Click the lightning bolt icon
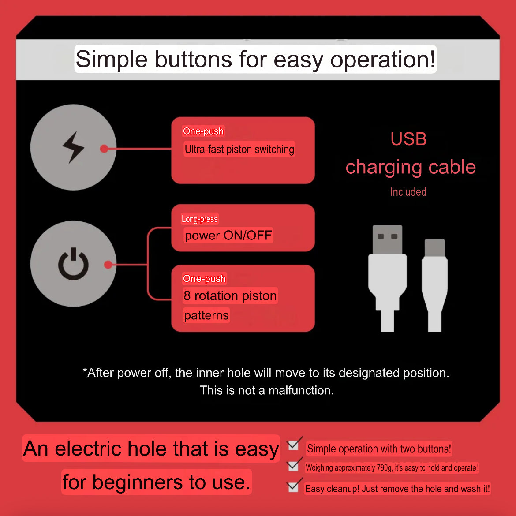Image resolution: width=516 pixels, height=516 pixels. (73, 147)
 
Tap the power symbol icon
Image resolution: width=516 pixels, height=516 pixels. (73, 264)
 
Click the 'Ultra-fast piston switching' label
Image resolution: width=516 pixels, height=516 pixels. (239, 149)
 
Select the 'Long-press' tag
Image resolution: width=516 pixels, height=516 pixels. (199, 219)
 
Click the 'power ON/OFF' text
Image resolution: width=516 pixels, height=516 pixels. (228, 236)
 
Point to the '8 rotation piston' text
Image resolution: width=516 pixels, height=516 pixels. (230, 295)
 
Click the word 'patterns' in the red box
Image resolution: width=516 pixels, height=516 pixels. (206, 315)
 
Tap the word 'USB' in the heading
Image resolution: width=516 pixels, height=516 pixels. (408, 139)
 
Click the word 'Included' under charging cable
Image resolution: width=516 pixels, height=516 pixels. (408, 192)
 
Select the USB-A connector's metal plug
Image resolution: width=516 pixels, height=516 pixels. (387, 239)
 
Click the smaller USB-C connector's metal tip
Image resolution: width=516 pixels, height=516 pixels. (434, 248)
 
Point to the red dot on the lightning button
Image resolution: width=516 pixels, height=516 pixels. (104, 149)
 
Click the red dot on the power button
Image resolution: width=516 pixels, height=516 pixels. (108, 265)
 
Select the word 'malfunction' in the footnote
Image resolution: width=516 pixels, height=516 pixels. (300, 390)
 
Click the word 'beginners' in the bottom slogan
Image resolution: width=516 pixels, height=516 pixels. (138, 482)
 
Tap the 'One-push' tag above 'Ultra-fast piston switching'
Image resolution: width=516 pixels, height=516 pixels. (203, 131)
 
